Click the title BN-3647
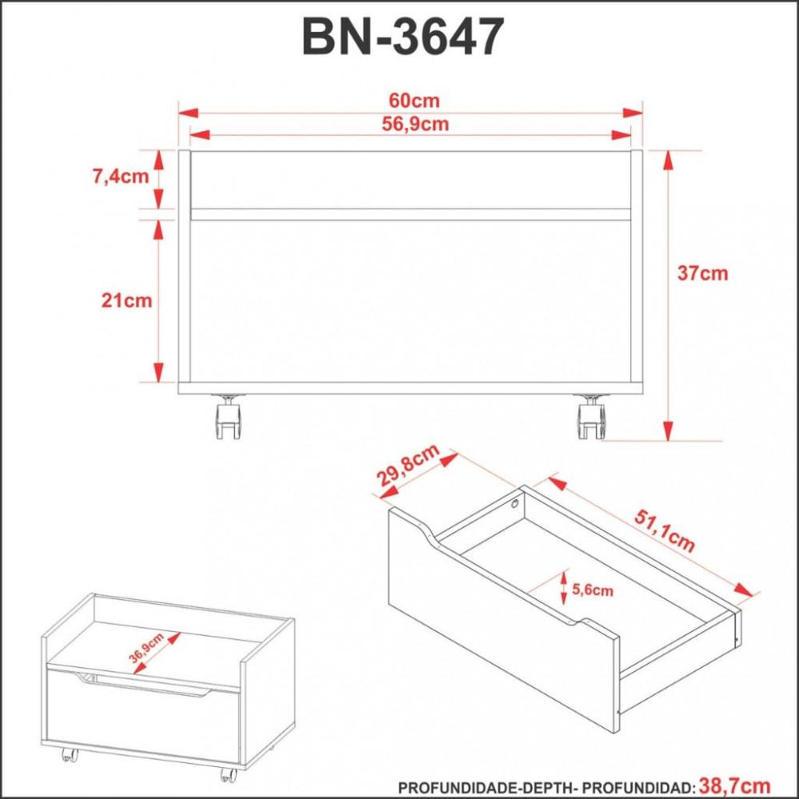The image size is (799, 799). click(403, 38)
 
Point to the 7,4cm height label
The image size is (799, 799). click(121, 177)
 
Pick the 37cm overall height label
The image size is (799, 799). click(702, 273)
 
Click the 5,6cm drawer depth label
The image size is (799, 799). click(594, 591)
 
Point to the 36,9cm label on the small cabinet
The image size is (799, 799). click(147, 648)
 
